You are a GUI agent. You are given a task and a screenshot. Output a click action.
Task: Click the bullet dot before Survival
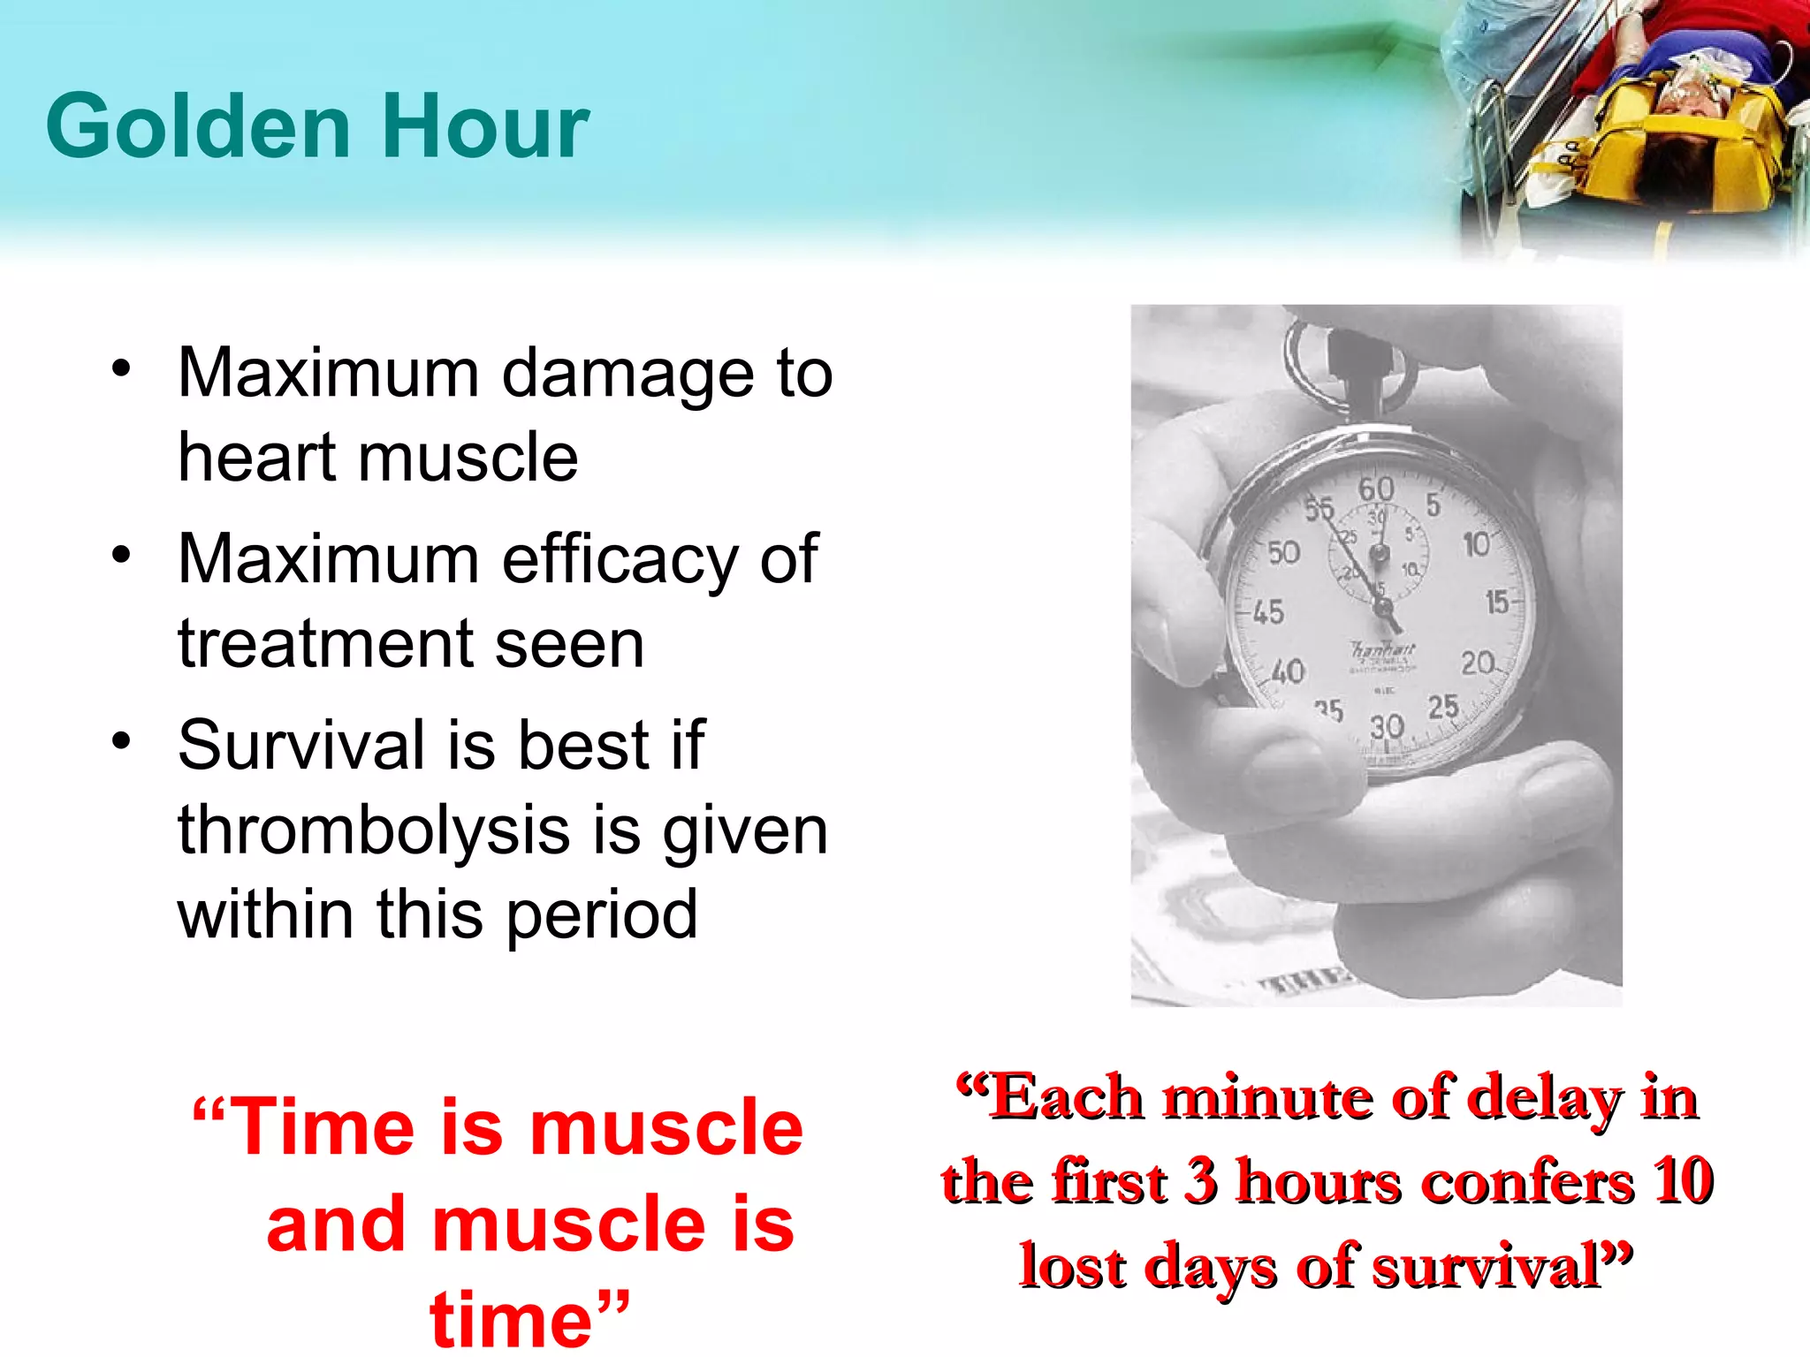tap(121, 740)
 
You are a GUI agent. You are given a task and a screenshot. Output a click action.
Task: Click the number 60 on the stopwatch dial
tap(1376, 489)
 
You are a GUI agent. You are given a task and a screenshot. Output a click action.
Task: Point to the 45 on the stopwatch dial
tap(1268, 611)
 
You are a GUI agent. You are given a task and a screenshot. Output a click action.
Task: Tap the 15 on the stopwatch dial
tap(1497, 603)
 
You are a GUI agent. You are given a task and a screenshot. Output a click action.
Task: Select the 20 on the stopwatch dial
tap(1477, 663)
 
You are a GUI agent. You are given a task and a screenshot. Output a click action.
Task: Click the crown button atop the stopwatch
tap(1350, 353)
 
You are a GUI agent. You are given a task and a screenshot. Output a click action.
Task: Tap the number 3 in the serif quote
tap(1199, 1181)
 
